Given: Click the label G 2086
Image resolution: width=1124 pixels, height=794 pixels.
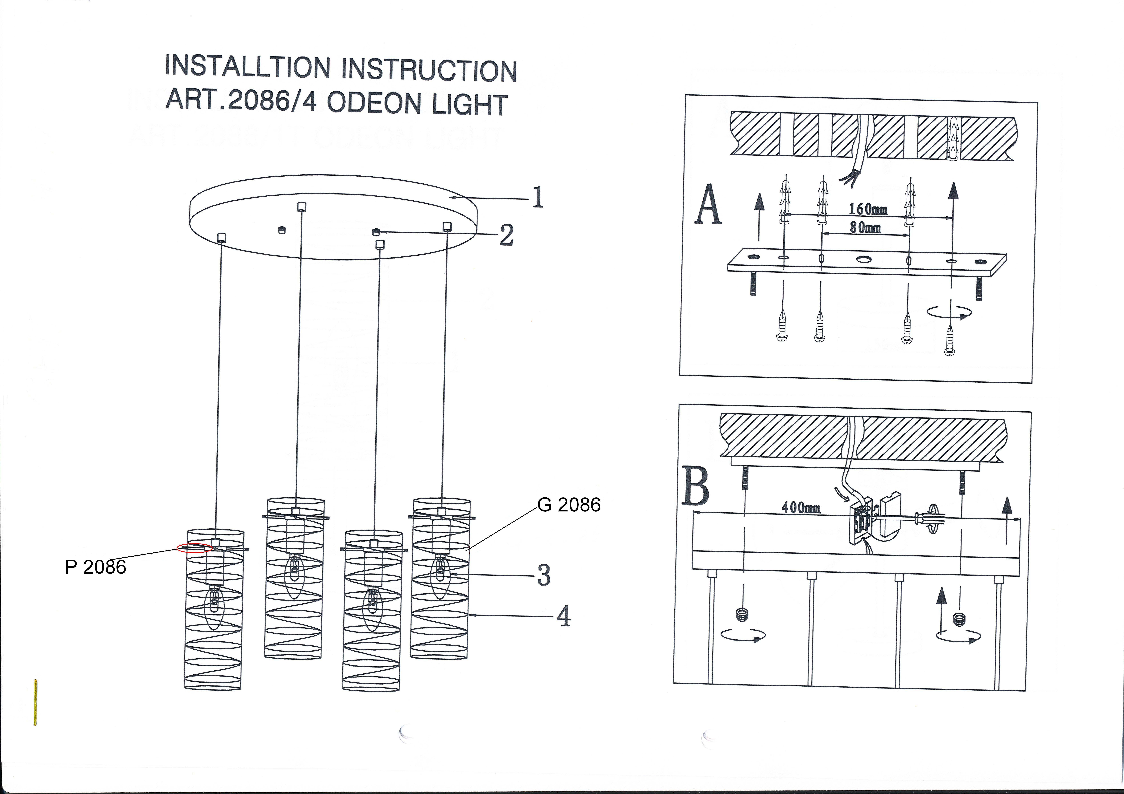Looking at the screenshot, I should tap(569, 505).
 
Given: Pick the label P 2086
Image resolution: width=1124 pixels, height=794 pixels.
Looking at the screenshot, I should tap(95, 567).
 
